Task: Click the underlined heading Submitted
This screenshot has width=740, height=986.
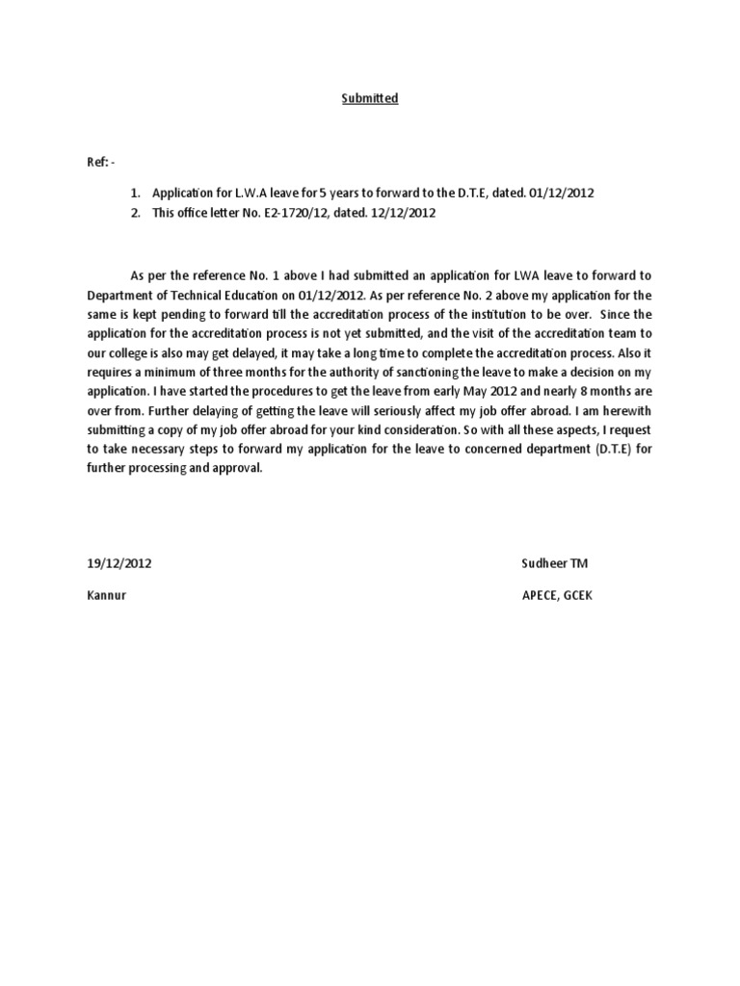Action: point(370,98)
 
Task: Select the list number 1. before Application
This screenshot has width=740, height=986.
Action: point(137,193)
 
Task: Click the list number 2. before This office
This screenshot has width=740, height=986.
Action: point(137,213)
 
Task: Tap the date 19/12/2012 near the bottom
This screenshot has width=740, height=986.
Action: point(119,563)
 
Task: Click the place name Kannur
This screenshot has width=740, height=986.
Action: point(107,595)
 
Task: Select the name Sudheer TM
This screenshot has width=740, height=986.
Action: point(553,563)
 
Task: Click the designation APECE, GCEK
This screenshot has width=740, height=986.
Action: point(557,595)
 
